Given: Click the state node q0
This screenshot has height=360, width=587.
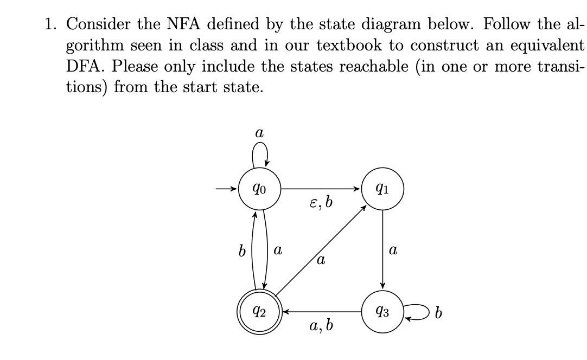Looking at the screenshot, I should tap(259, 189).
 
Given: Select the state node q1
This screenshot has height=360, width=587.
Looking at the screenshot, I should tap(383, 189).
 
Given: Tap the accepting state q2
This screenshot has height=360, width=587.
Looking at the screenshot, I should tap(259, 312).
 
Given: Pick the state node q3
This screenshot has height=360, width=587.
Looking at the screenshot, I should tap(383, 312).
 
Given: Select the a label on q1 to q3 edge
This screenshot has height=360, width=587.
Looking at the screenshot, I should tap(393, 251).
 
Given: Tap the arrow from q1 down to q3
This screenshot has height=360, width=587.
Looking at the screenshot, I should tap(383, 249).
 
